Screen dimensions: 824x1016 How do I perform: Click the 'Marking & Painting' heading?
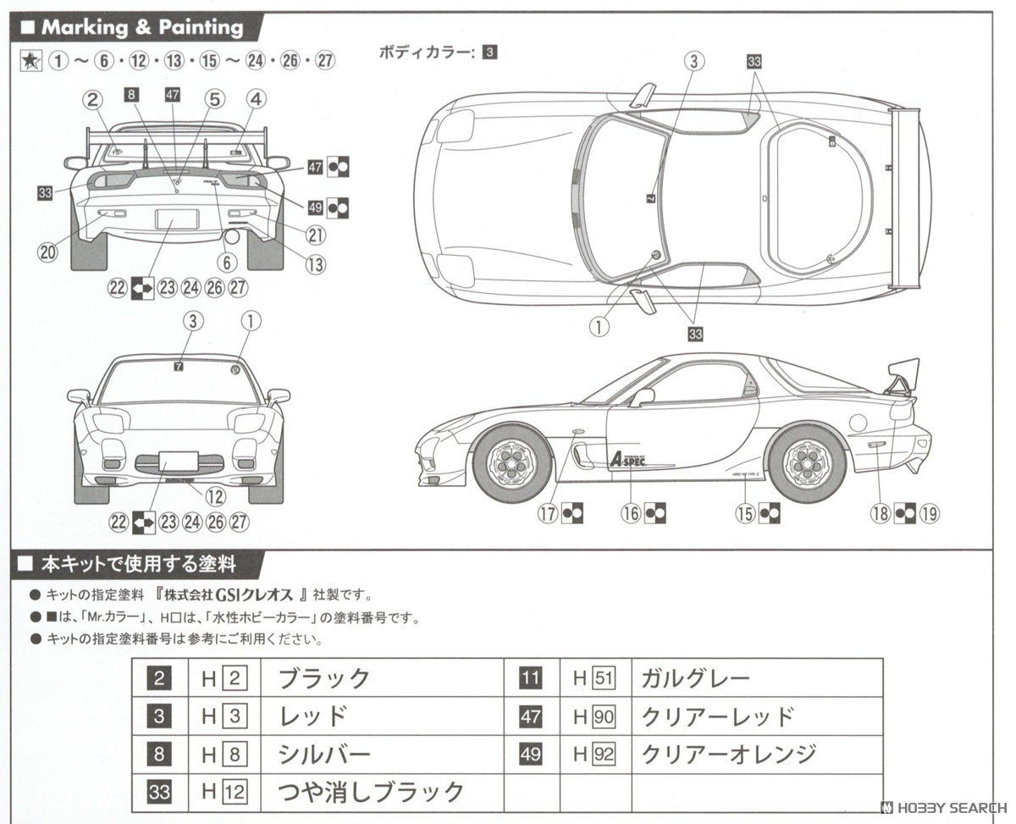click(x=141, y=27)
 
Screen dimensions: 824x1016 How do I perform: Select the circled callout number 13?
click(x=315, y=265)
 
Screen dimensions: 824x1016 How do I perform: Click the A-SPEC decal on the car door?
click(x=632, y=459)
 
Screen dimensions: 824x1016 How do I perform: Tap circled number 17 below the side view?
click(x=549, y=513)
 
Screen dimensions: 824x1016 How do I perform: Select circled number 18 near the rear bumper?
click(x=881, y=513)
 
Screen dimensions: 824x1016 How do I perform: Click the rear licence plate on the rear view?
click(x=177, y=219)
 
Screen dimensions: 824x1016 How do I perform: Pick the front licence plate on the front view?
click(x=178, y=462)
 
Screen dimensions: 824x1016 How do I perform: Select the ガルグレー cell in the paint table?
click(x=694, y=677)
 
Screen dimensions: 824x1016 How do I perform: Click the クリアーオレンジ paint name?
click(x=728, y=754)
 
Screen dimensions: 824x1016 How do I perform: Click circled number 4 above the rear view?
click(x=256, y=99)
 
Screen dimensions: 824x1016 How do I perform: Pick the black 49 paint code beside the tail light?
click(x=316, y=206)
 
